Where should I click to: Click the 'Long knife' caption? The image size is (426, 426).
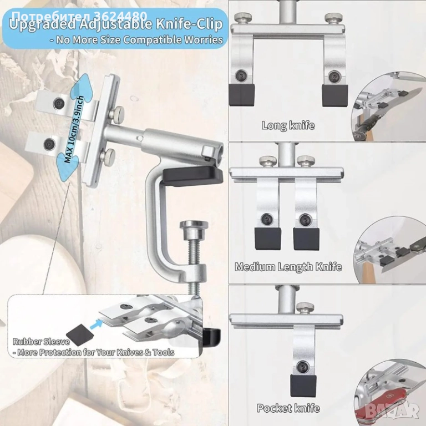(288, 125)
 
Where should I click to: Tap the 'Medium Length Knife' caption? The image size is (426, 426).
(288, 267)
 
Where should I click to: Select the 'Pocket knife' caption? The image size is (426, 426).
(288, 408)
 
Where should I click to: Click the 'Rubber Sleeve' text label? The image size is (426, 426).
(41, 342)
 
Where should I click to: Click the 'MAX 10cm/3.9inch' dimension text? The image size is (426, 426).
(74, 129)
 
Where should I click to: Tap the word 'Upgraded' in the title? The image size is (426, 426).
(42, 24)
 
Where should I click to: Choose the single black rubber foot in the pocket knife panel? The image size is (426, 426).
(303, 386)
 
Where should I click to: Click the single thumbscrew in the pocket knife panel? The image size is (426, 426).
(305, 307)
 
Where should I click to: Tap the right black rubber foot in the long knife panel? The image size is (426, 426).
(335, 95)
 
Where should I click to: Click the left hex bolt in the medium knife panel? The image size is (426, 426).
(267, 218)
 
